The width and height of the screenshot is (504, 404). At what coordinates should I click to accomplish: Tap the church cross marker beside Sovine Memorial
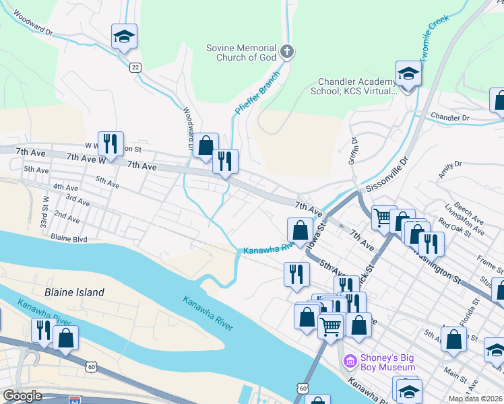click(x=286, y=52)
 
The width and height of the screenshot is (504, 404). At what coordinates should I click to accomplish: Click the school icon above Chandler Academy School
click(x=408, y=73)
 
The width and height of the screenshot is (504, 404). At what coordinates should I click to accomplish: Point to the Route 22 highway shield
click(x=135, y=67)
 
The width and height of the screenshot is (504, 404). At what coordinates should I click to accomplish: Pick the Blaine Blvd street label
click(x=69, y=238)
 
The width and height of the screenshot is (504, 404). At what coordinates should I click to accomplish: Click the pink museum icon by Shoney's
click(x=349, y=362)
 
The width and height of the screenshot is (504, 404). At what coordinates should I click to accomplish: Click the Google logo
click(x=23, y=396)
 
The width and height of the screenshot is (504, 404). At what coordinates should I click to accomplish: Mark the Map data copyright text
click(x=475, y=399)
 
